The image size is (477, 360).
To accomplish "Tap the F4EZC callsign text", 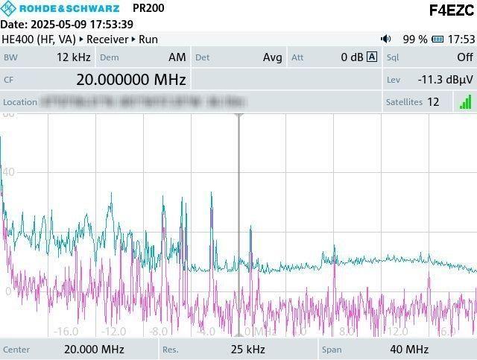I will click(x=452, y=10).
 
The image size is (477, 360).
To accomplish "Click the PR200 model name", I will click(x=148, y=8).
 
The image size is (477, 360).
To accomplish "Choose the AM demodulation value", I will click(x=177, y=57).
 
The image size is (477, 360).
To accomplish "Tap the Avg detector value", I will click(x=273, y=57).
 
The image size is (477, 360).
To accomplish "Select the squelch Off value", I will click(x=464, y=57).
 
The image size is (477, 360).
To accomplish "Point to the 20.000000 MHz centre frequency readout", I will click(x=130, y=80).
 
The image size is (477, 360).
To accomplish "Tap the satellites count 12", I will click(x=433, y=102).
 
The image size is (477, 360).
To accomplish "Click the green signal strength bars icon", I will click(x=465, y=102).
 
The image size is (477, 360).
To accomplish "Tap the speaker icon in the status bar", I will click(x=385, y=39).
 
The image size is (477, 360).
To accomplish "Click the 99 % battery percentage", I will click(x=415, y=39).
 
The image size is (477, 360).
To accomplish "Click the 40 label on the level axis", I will click(x=8, y=173).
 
